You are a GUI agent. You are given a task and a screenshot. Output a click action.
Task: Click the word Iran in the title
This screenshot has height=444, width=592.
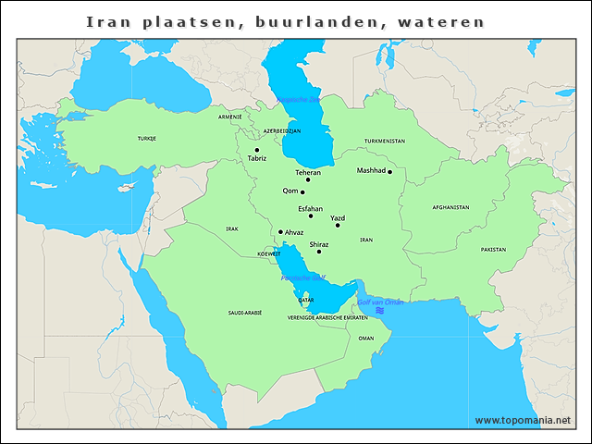click(x=109, y=20)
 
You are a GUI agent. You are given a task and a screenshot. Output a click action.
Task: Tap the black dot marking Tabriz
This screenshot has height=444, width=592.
click(x=257, y=150)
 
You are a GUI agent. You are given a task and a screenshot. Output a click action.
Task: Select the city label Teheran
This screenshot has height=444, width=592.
click(x=308, y=173)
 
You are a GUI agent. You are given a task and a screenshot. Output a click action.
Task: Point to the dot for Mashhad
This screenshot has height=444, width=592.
click(x=390, y=171)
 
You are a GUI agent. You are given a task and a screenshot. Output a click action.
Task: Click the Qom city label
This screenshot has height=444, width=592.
click(x=290, y=191)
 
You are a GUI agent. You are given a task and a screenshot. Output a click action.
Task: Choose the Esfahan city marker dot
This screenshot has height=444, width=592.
click(x=311, y=216)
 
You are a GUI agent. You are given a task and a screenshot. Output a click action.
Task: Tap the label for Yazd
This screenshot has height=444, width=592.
click(x=338, y=218)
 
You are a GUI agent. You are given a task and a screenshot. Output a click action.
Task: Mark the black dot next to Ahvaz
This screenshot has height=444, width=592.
click(x=280, y=232)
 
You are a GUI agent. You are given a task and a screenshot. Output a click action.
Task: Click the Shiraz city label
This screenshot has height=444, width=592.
click(x=319, y=244)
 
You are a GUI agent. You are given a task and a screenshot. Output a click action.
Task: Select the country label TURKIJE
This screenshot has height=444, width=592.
click(x=147, y=138)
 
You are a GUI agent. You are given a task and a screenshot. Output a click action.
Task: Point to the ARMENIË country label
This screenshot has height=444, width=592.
click(x=229, y=117)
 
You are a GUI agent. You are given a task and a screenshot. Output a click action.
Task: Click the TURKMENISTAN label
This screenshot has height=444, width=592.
click(x=385, y=141)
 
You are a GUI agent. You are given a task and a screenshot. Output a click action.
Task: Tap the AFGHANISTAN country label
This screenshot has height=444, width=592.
click(x=450, y=207)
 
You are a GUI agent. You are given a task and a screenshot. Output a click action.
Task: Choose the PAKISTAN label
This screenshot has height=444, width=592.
click(x=493, y=250)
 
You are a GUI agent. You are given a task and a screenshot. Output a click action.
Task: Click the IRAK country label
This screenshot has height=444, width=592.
click(x=232, y=228)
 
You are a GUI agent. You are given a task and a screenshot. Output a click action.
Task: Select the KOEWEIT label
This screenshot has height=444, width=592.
click(x=268, y=253)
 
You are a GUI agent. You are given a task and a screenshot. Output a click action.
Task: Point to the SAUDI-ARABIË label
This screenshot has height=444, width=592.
click(x=245, y=314)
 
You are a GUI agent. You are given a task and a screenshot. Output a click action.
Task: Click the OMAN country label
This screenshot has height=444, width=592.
click(x=366, y=339)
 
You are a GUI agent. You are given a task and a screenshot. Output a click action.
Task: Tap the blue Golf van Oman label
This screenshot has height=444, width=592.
click(x=380, y=302)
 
